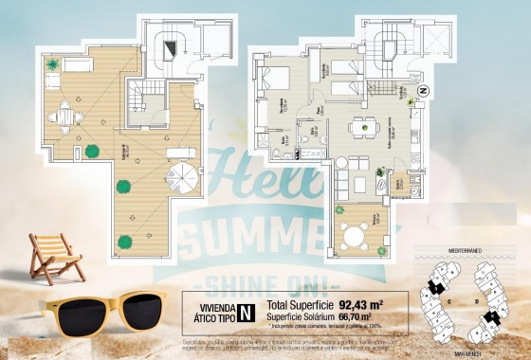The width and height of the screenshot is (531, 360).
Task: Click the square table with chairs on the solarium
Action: click(x=64, y=117)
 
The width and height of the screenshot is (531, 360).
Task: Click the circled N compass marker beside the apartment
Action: click(x=423, y=92)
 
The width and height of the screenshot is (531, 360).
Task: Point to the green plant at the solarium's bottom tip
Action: click(x=123, y=242)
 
